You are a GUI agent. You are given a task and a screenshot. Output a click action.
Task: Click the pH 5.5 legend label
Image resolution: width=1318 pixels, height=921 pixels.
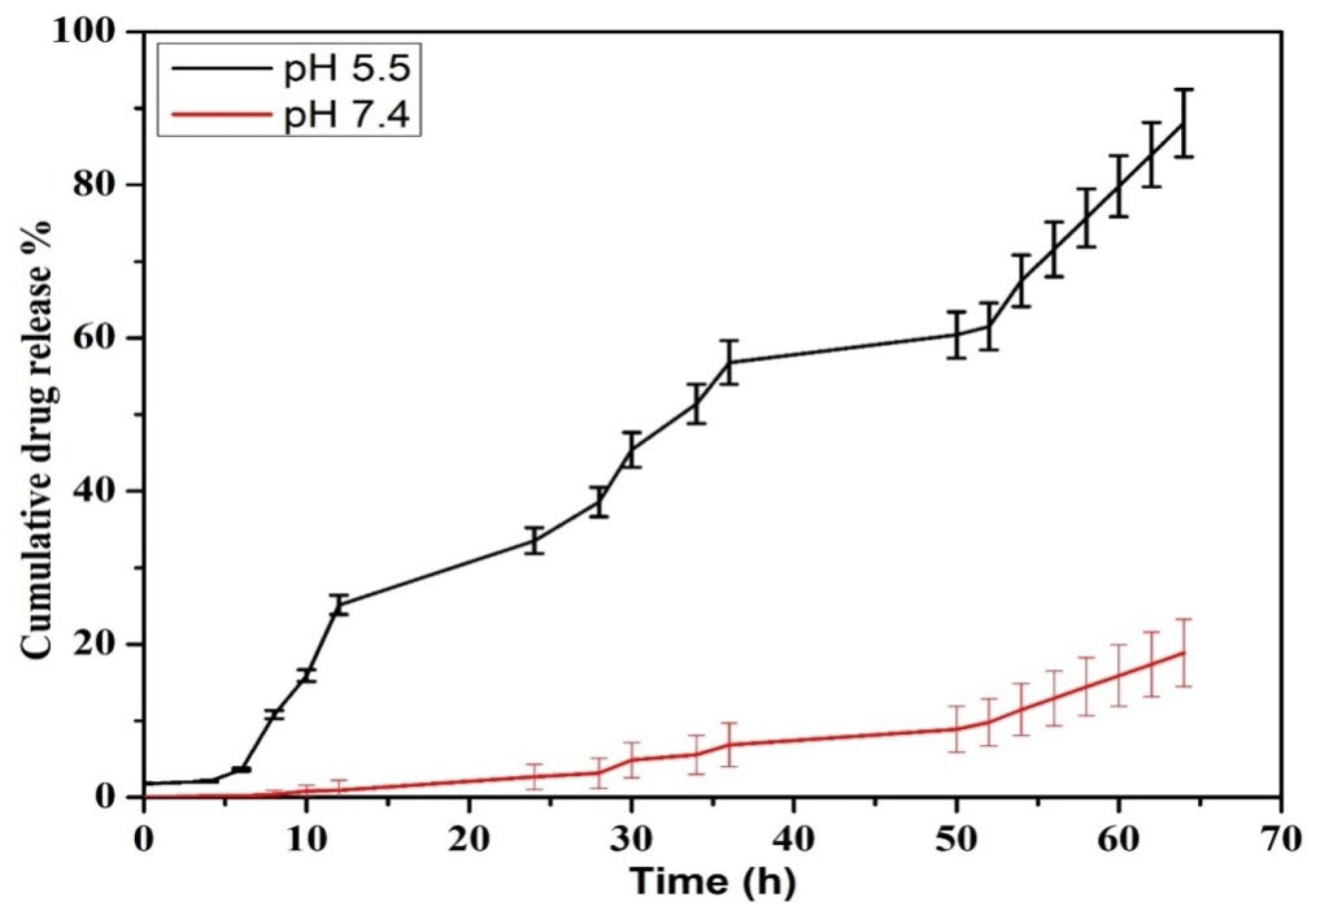(x=346, y=71)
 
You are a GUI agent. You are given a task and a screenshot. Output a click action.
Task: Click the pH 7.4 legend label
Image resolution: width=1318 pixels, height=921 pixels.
(x=346, y=117)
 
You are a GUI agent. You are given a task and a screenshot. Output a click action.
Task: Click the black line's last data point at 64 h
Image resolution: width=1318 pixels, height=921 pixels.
(x=1183, y=124)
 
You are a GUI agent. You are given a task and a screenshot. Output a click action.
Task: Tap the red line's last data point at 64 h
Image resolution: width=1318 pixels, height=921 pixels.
(x=1183, y=653)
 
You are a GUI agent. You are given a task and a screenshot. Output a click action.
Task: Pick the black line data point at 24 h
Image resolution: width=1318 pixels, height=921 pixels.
(x=534, y=540)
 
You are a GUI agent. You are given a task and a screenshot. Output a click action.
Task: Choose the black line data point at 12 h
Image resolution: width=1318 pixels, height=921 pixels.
(x=339, y=605)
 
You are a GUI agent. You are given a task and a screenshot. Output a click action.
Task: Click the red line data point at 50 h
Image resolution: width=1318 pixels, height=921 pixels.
(x=956, y=729)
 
